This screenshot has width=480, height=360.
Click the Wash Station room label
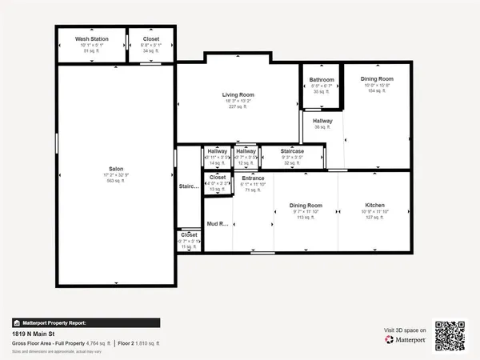[x=92, y=38]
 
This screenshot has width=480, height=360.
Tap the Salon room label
[x=116, y=169]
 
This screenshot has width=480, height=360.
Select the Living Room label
[x=238, y=94]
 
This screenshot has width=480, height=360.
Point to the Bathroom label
[x=322, y=80]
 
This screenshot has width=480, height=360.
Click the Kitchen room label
[x=375, y=206]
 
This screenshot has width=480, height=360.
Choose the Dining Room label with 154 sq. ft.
[x=377, y=78]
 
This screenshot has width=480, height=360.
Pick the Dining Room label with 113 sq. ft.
[x=305, y=206]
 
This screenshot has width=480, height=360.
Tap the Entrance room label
[x=253, y=178]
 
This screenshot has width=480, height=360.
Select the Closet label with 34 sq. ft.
[x=151, y=38]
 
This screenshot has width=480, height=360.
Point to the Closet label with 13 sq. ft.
[x=218, y=178]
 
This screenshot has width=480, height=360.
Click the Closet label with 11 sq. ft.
[x=189, y=235]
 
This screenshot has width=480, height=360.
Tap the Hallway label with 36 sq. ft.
[x=322, y=121]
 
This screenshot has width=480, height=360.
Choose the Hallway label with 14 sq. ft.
[x=217, y=150]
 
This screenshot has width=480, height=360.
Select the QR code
[x=450, y=335]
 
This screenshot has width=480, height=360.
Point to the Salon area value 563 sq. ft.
[x=116, y=181]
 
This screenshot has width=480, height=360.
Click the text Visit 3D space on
[x=405, y=330]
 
